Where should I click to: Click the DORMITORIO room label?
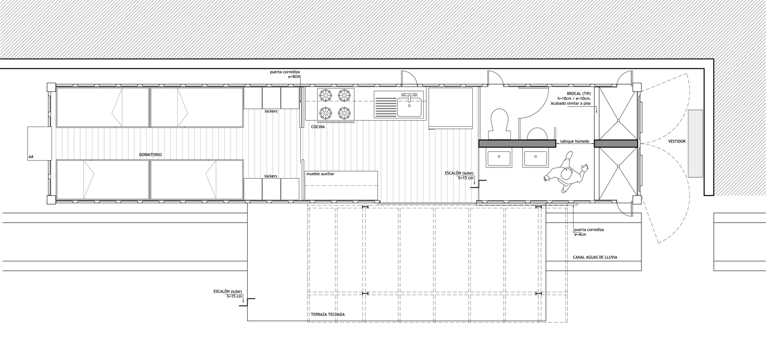(x=150, y=155)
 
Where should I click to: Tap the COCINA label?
(x=318, y=127)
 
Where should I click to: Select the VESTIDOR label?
(x=677, y=141)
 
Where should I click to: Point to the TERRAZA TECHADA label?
(x=328, y=315)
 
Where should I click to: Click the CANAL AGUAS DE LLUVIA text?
(x=595, y=257)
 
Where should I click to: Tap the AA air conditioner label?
(x=31, y=157)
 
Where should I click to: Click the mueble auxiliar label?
(x=320, y=174)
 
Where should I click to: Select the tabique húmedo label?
(x=574, y=141)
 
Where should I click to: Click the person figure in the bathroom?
(x=566, y=172)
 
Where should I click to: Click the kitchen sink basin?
(x=410, y=106)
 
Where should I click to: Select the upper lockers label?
(x=271, y=111)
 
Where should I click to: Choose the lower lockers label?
(x=271, y=176)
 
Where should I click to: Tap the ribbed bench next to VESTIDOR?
(x=696, y=143)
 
